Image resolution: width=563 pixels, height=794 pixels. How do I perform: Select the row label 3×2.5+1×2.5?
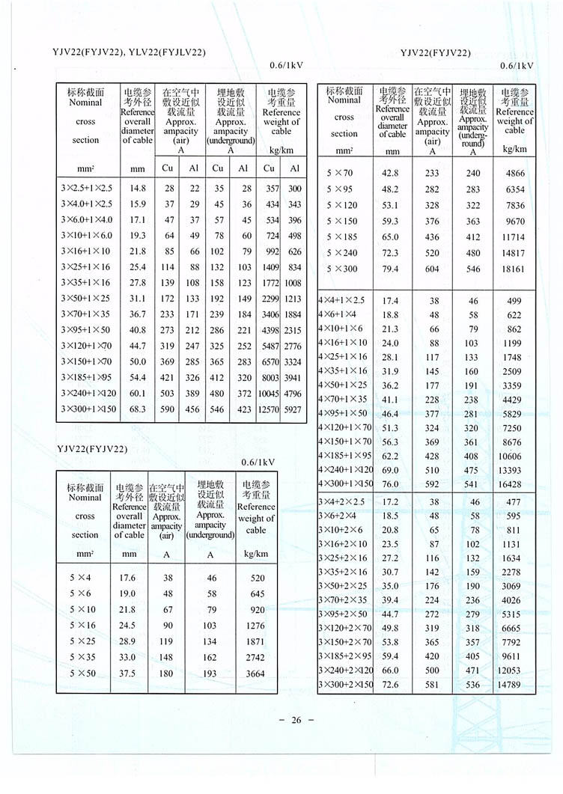[x=85, y=189]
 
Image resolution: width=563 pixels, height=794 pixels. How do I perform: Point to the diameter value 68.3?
[x=137, y=409]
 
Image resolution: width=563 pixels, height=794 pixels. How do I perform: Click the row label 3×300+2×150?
[x=345, y=685]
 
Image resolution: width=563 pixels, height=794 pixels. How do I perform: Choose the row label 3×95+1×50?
[x=85, y=330]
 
